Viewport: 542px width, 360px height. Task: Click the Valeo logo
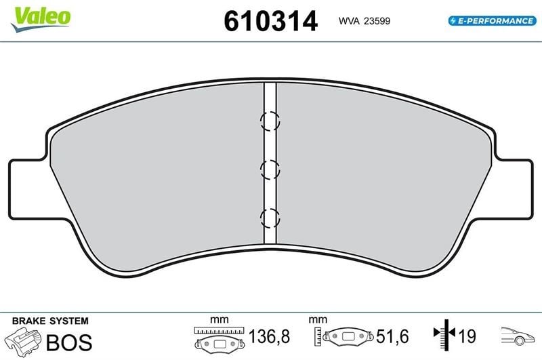(x=41, y=20)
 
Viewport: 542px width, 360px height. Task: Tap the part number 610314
(x=270, y=22)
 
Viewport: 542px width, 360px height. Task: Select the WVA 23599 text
(x=364, y=21)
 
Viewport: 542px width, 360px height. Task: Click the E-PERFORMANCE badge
(x=493, y=21)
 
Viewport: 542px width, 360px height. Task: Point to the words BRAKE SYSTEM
(x=50, y=321)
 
